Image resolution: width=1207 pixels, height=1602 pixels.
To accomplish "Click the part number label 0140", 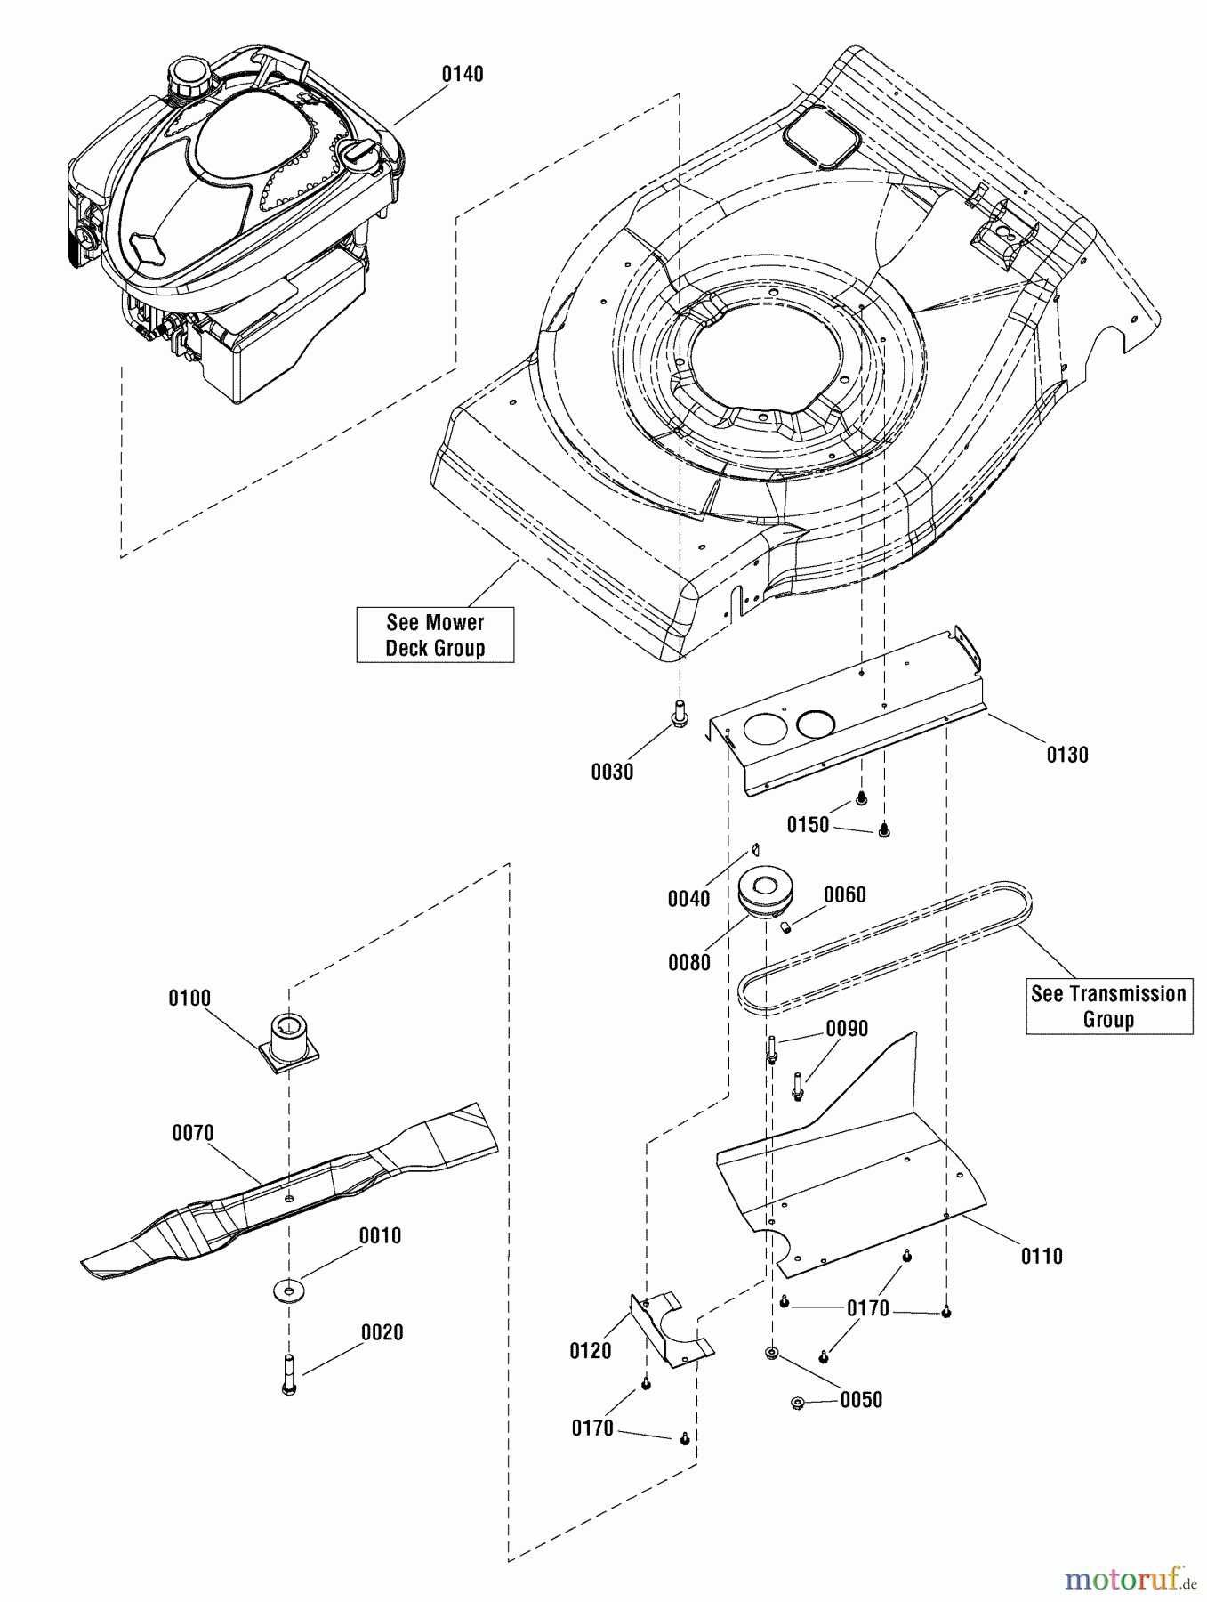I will [x=463, y=74].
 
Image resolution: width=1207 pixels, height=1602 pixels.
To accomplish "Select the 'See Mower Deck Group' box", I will [x=435, y=635].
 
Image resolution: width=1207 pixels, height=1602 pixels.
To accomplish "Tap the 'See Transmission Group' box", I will [x=1108, y=1007].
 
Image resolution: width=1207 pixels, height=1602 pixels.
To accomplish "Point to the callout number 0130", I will [x=1066, y=755].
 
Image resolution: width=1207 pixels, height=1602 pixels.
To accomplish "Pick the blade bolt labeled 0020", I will [x=288, y=1374].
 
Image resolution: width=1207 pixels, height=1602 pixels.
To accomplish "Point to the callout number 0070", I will [x=192, y=1133].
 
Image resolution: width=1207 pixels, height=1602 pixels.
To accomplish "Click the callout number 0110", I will [x=1042, y=1256].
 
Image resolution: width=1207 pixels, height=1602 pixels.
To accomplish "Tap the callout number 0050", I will [x=860, y=1399].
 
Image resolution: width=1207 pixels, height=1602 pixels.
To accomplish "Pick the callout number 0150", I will [x=808, y=825].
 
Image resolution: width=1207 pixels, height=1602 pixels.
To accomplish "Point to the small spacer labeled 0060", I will [x=787, y=927].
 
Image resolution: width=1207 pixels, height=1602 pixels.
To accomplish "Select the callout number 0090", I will [x=846, y=1029].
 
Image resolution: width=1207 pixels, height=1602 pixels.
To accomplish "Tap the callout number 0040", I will [x=688, y=898].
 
